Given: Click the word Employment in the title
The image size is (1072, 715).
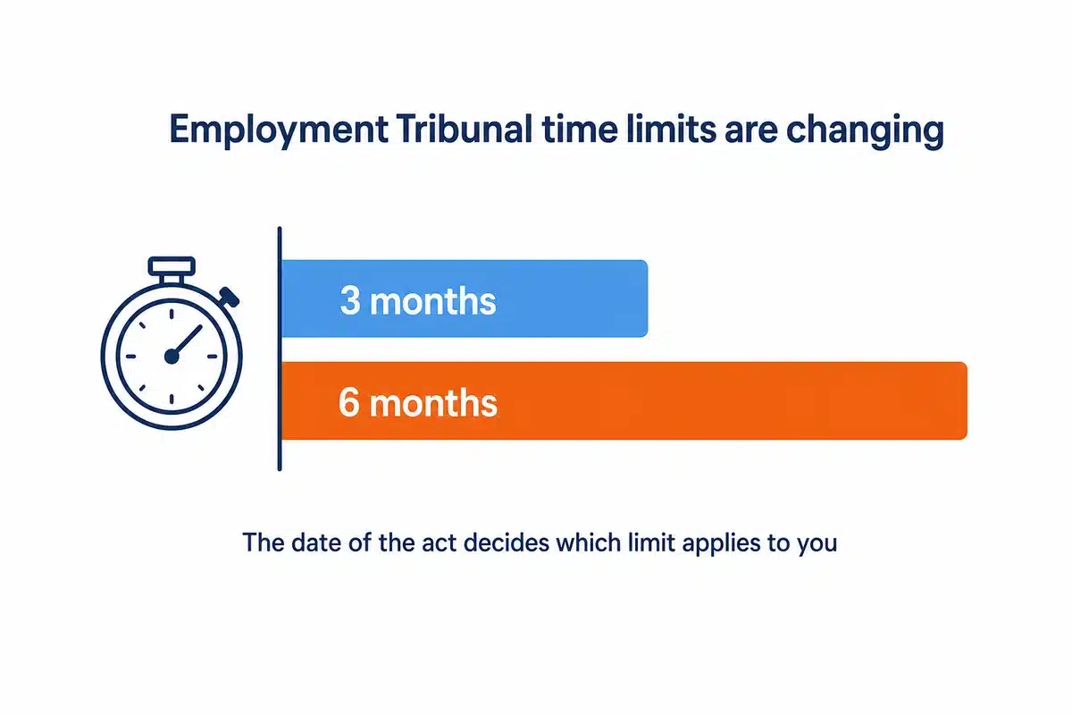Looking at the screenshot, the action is click(279, 130).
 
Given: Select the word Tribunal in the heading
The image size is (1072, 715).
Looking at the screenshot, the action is click(464, 129).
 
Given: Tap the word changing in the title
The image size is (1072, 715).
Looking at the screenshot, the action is click(865, 130).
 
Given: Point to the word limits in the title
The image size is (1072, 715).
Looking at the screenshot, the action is click(671, 129).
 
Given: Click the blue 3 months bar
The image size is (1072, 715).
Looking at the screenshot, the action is click(465, 299).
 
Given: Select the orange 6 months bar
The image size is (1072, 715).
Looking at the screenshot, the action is click(624, 400).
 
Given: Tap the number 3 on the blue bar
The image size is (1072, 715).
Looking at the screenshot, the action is click(350, 300).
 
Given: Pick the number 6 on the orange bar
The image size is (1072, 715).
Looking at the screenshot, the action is click(349, 402).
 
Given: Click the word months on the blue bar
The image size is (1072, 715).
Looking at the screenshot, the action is click(433, 301).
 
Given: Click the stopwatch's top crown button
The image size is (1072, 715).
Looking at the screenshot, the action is click(172, 266).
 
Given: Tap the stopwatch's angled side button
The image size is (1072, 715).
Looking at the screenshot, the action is click(230, 297).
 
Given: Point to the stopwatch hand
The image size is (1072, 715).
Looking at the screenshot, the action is click(187, 341).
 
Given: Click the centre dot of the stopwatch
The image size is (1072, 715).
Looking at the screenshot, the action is click(172, 357).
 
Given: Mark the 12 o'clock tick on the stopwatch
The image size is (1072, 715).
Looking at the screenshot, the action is click(172, 315).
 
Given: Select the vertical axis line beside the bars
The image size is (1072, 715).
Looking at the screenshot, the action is click(280, 349).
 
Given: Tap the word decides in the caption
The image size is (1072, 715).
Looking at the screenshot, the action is click(506, 543).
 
